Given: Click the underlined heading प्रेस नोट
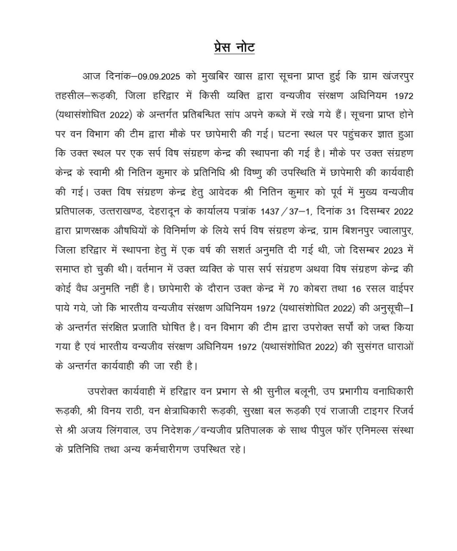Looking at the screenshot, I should pos(234,47).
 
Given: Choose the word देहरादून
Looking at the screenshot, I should pos(167,211).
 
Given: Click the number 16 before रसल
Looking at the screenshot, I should pos(356,288).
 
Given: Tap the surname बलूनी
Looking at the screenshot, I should pos(303,391).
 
